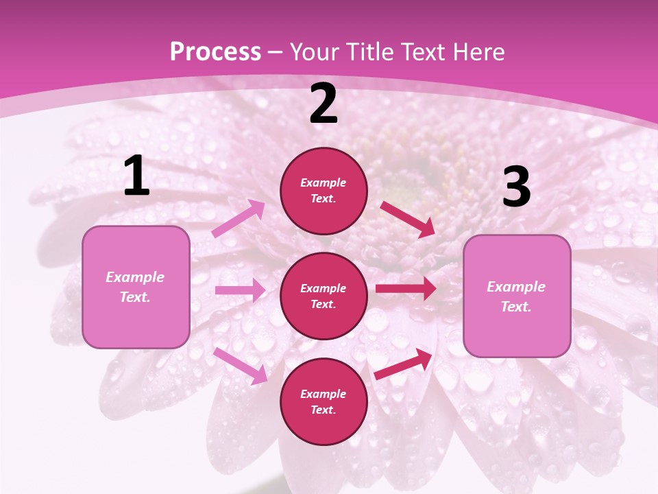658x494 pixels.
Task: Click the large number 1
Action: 136,177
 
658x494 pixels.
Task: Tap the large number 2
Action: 324,104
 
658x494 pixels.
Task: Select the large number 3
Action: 516,188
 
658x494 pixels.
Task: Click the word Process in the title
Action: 215,51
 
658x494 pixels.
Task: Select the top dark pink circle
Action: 324,191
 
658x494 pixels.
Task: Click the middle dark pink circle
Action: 324,296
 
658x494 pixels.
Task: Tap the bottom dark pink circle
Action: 324,401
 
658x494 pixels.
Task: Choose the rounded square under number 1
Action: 136,287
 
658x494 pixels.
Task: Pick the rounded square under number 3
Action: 517,296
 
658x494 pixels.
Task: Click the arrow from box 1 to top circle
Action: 239,219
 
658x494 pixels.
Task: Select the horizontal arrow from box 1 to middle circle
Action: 240,290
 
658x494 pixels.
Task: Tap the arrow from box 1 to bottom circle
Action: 240,365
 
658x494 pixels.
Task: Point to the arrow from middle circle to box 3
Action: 405,288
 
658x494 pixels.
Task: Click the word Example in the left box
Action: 135,277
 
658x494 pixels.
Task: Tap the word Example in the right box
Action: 516,287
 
